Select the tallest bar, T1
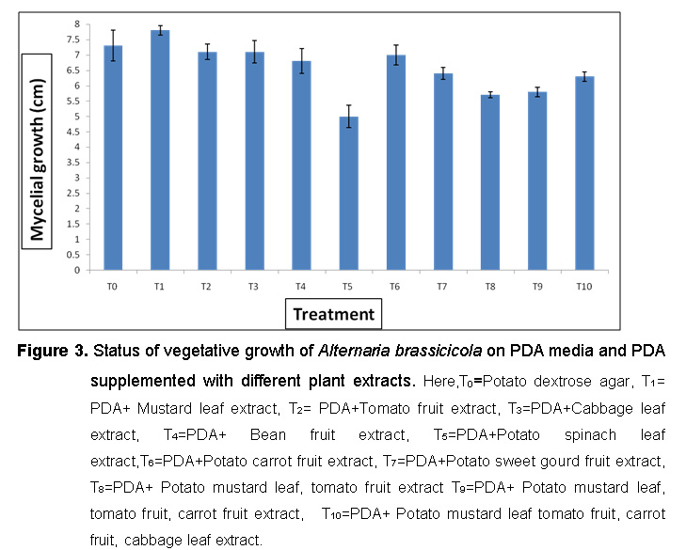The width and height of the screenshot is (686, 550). (160, 150)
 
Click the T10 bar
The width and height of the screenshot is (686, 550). (584, 173)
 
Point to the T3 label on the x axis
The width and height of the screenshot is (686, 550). (254, 283)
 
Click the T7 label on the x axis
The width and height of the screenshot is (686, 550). (443, 283)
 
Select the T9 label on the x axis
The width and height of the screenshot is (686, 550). (537, 283)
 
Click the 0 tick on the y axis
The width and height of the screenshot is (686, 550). (79, 270)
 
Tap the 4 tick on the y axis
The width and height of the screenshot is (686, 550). (79, 147)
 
